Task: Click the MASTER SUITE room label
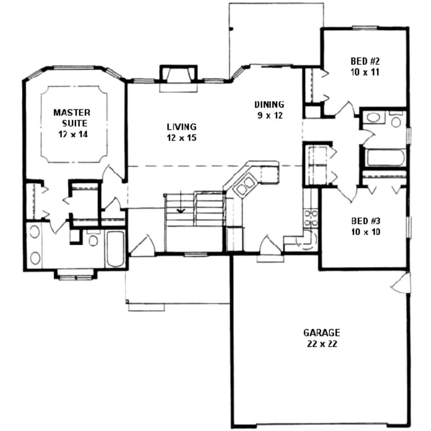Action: click(72, 118)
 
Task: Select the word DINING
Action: click(269, 104)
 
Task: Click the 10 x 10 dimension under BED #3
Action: click(365, 231)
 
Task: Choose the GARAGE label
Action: click(322, 333)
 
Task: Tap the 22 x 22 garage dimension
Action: click(322, 343)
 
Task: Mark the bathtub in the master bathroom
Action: click(114, 248)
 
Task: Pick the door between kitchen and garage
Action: click(269, 246)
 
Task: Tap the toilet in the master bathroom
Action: click(93, 239)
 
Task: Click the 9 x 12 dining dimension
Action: click(269, 115)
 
